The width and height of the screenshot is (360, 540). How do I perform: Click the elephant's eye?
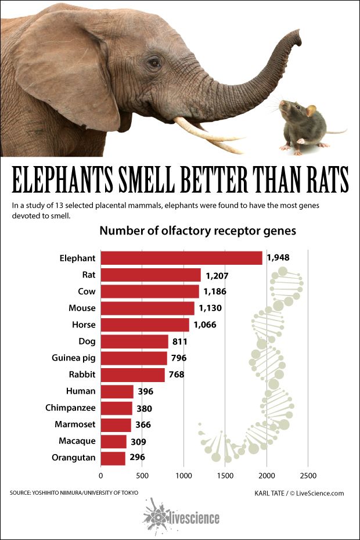click(153, 62)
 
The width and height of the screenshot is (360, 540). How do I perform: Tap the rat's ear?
click(311, 110)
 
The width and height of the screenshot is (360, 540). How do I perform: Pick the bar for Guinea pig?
click(134, 358)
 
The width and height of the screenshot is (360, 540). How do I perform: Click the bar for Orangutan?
click(113, 458)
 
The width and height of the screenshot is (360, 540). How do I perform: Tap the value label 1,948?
click(278, 258)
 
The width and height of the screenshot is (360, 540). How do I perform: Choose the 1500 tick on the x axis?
click(225, 476)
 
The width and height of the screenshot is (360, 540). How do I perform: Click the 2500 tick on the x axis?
click(308, 476)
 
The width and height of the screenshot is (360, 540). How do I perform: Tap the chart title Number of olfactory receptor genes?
click(197, 231)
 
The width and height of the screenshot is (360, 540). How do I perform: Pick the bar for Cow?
click(150, 291)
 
